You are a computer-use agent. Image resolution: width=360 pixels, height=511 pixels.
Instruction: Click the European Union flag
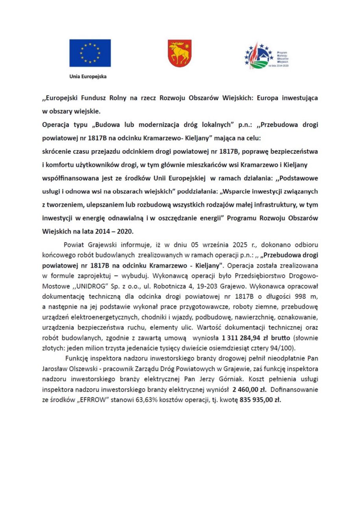90,53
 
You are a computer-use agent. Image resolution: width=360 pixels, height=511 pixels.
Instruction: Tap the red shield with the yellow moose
180,53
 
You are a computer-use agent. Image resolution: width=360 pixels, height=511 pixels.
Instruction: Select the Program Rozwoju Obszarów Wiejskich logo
266,56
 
